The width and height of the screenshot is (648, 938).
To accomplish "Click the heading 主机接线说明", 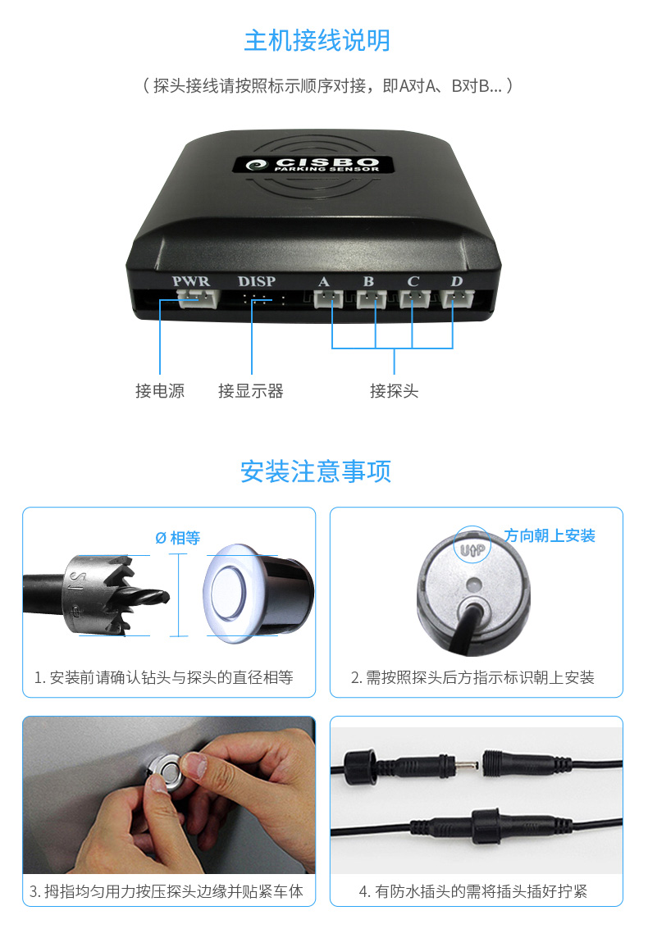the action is coord(317,41).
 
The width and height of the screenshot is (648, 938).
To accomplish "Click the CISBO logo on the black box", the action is coord(313,164).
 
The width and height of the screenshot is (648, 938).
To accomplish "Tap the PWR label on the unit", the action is coord(191,281).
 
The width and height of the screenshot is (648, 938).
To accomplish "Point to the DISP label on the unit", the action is coord(257,281).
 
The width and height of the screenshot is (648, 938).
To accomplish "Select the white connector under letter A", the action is coord(328,298).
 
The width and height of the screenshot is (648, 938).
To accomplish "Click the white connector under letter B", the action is coord(372,298).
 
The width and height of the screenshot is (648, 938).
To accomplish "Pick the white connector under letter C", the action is coord(415,298).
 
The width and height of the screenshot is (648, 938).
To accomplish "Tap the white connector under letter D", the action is coord(458,298).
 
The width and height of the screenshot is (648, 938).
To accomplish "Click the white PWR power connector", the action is coord(199,298).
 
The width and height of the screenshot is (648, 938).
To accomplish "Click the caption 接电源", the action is coord(160,391).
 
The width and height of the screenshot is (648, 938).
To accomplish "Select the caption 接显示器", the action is coord(251,391).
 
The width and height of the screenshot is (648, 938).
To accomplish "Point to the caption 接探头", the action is coord(394,391).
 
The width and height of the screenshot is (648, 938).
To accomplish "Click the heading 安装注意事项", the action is coord(316,471).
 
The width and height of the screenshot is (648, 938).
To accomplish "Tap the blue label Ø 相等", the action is coord(178,538).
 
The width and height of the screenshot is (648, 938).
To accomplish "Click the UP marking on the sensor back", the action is coord(472,549).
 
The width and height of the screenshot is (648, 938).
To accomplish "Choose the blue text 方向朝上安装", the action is coord(550,535).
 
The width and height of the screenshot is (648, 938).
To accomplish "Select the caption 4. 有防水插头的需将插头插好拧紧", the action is coord(472,891).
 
